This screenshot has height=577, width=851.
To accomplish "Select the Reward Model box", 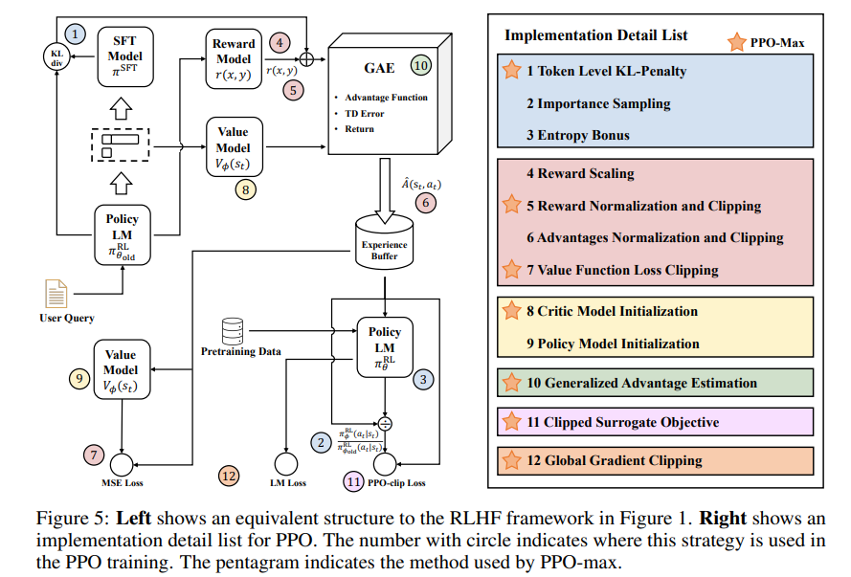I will pos(234,56).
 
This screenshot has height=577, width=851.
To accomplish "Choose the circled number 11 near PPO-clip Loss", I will pos(356,481).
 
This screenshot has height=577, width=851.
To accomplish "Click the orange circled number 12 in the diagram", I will pos(228,475).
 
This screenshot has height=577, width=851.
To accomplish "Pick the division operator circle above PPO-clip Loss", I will pos(386,421).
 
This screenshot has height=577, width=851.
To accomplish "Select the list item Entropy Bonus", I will pos(577,135).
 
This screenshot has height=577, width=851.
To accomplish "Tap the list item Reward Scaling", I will pos(580,174).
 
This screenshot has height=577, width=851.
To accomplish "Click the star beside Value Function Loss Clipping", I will pos(511,271).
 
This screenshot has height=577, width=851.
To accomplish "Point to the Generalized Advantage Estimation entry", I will pos(641,383).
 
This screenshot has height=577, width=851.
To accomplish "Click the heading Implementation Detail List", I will pos(596,35).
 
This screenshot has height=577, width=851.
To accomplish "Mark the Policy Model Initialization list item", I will pos(613,343).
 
